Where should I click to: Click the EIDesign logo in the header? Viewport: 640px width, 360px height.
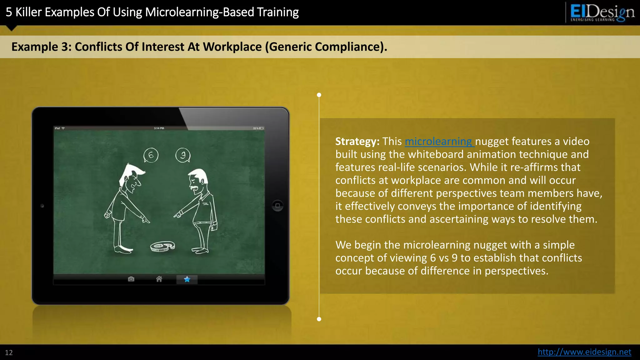coord(602,12)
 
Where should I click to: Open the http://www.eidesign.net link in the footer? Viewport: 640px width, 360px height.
coord(584,352)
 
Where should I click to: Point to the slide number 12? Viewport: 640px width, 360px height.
coord(9,352)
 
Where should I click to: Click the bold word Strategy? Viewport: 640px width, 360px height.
coord(357,142)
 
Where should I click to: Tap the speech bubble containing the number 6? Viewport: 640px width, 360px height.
coord(151,155)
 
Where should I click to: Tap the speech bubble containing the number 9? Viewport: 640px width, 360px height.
coord(183,155)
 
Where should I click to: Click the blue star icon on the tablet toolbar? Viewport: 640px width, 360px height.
coord(187,279)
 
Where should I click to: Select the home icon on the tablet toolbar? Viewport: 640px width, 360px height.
coord(159,279)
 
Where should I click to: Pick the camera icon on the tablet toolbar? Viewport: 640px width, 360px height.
coord(131,279)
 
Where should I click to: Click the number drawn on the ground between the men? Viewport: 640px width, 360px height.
coord(162,246)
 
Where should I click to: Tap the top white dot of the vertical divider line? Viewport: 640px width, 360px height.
coord(319,95)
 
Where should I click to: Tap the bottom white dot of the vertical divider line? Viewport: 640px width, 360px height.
coord(319,319)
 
